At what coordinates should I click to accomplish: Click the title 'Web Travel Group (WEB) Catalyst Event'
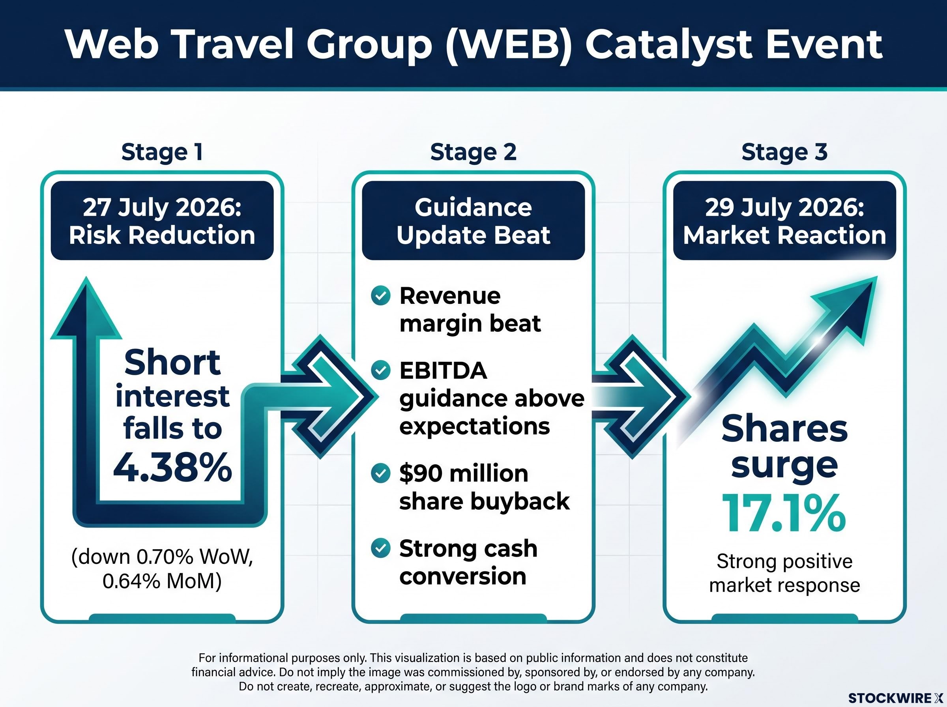pyautogui.click(x=473, y=45)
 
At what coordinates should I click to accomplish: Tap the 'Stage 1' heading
pyautogui.click(x=162, y=152)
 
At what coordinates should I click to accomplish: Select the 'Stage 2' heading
pyautogui.click(x=473, y=152)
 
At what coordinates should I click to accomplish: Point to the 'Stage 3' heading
pyautogui.click(x=784, y=152)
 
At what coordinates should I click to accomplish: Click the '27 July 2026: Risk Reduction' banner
pyautogui.click(x=162, y=221)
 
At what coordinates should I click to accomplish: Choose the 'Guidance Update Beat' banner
pyautogui.click(x=473, y=221)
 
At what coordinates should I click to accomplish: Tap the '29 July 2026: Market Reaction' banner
pyautogui.click(x=784, y=221)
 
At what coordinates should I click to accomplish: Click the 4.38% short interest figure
pyautogui.click(x=172, y=468)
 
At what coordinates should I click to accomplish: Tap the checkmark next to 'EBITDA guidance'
pyautogui.click(x=380, y=370)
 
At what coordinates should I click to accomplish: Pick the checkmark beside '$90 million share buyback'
pyautogui.click(x=380, y=473)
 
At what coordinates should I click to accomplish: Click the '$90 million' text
pyautogui.click(x=464, y=474)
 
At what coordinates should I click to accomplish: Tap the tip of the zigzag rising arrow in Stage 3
pyautogui.click(x=877, y=277)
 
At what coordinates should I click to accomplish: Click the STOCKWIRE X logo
pyautogui.click(x=896, y=698)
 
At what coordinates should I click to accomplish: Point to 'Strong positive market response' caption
pyautogui.click(x=784, y=573)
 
